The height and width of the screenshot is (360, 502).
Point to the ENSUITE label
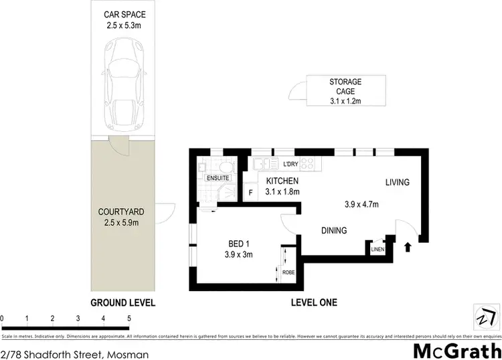(x=217, y=178)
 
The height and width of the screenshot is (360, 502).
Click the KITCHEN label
(x=282, y=181)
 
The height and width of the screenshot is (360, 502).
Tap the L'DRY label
(x=290, y=164)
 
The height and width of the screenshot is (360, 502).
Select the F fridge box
(x=250, y=193)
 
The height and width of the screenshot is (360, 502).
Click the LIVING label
(x=396, y=182)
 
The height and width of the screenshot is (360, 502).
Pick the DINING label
(x=333, y=231)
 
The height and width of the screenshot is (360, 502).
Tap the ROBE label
(x=288, y=272)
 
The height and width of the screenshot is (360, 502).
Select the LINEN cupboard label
(x=376, y=250)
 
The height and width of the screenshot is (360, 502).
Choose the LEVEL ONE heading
(x=313, y=302)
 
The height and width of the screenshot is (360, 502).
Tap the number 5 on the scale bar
(x=129, y=319)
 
